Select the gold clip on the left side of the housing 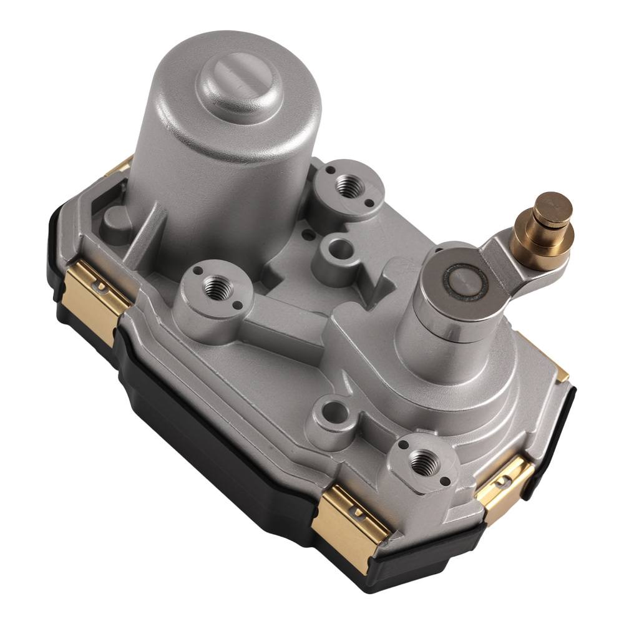point(100,293)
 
